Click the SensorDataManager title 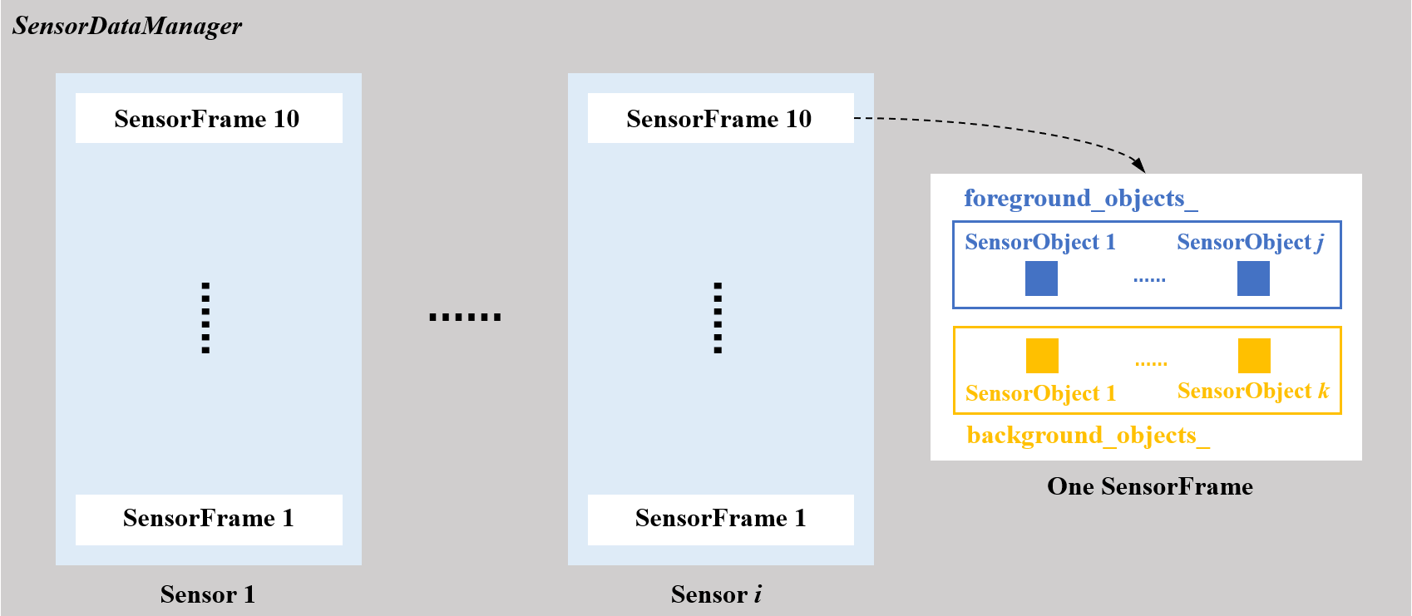click(127, 26)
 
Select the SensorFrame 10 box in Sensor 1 click(208, 118)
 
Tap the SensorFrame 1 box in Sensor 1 click(208, 519)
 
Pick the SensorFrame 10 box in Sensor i click(720, 118)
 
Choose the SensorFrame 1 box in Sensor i click(720, 519)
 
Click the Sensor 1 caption click(208, 594)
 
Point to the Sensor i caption click(717, 594)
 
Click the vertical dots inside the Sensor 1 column click(205, 318)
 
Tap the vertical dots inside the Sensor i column click(718, 318)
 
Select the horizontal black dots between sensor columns click(465, 317)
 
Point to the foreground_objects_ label click(1080, 199)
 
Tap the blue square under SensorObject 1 click(1041, 278)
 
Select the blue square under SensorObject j click(1253, 278)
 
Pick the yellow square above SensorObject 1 click(1042, 356)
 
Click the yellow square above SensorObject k click(1254, 356)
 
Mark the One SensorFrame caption click(1149, 486)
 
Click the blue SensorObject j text click(1250, 242)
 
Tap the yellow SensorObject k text click(1253, 391)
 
